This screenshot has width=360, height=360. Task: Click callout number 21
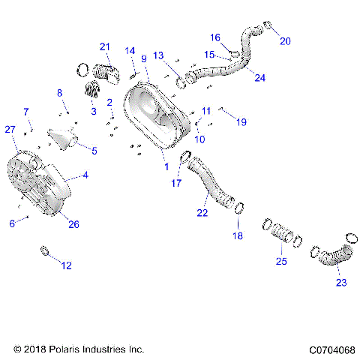[104, 47]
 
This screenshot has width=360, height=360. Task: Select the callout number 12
[67, 265]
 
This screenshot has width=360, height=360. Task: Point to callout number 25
[282, 262]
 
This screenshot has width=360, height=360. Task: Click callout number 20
[284, 41]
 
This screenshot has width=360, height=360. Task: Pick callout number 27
[10, 130]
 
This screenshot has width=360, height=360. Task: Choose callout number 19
[241, 121]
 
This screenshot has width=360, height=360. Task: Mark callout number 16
[214, 37]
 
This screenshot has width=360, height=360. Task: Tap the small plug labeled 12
[44, 250]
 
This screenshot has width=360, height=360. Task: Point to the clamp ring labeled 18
[239, 208]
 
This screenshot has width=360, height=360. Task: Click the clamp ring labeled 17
[184, 157]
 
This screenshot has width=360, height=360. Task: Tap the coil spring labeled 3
[91, 91]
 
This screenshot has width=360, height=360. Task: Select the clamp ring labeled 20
[265, 30]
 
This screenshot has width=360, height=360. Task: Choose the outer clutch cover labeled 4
[45, 187]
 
